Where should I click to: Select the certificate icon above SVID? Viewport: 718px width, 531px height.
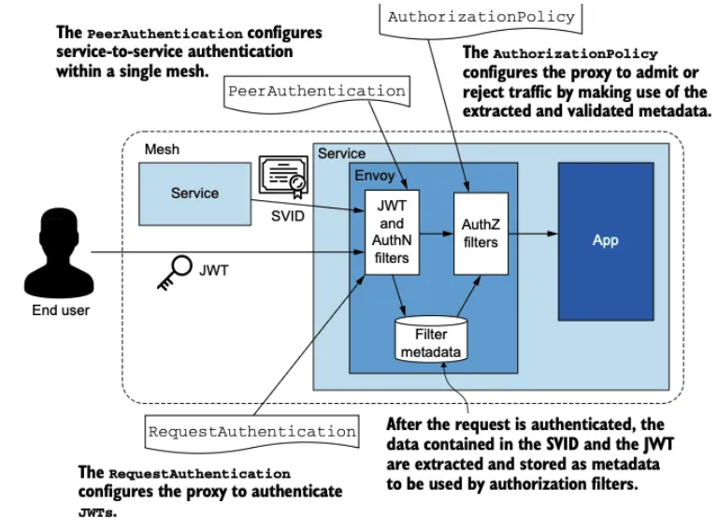[282, 178]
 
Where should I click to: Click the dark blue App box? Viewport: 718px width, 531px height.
[605, 240]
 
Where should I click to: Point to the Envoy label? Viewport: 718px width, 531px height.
[373, 175]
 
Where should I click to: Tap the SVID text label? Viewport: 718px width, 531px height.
[287, 215]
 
